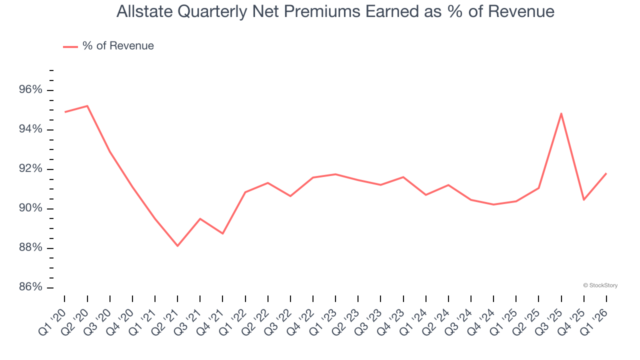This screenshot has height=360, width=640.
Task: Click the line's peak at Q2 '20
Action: click(87, 106)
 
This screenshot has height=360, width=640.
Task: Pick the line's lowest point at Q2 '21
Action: click(177, 245)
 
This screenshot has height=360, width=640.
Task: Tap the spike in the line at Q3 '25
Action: click(561, 113)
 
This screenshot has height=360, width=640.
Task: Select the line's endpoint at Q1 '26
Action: click(606, 173)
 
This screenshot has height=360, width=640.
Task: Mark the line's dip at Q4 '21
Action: click(222, 233)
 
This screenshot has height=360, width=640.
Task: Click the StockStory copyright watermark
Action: click(600, 285)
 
